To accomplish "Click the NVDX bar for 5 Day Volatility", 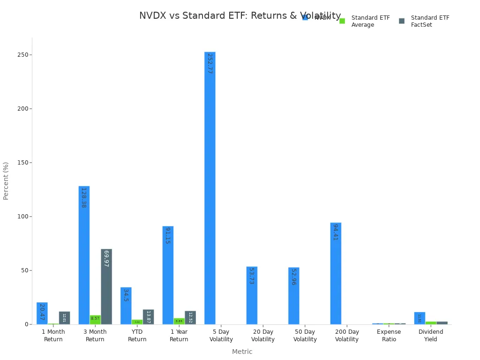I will [x=210, y=187].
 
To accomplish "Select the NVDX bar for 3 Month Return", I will [x=84, y=255].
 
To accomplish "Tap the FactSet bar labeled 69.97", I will [x=106, y=286].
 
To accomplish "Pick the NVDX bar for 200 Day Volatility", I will [x=336, y=273].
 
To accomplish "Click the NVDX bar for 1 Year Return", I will [x=168, y=275].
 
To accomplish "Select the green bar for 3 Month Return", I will [x=95, y=320].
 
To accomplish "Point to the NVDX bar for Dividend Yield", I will [x=420, y=318].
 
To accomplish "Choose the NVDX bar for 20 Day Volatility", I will [x=252, y=295].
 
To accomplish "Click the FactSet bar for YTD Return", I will [x=148, y=317].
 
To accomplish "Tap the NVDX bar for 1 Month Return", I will [x=42, y=313].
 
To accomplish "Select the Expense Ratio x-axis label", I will [x=389, y=336].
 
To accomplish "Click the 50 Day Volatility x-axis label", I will [x=305, y=336].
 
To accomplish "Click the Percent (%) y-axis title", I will [x=6, y=181].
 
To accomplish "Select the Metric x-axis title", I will [x=242, y=352].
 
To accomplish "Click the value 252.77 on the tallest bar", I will [x=210, y=63].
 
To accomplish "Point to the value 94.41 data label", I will [x=336, y=232].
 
